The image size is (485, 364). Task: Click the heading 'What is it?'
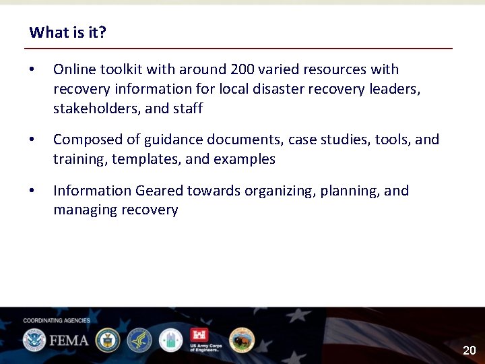pos(67,32)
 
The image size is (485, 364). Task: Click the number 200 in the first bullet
pos(243,69)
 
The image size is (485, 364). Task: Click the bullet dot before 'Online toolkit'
pos(32,70)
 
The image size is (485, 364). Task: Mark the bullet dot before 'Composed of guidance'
pos(32,140)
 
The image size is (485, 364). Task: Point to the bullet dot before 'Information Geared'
pos(32,191)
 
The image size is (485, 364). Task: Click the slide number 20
pos(469,351)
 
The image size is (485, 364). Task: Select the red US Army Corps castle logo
pos(200,335)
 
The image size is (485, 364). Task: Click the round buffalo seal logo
pos(241,340)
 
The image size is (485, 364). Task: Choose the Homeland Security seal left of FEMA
pos(34,340)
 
